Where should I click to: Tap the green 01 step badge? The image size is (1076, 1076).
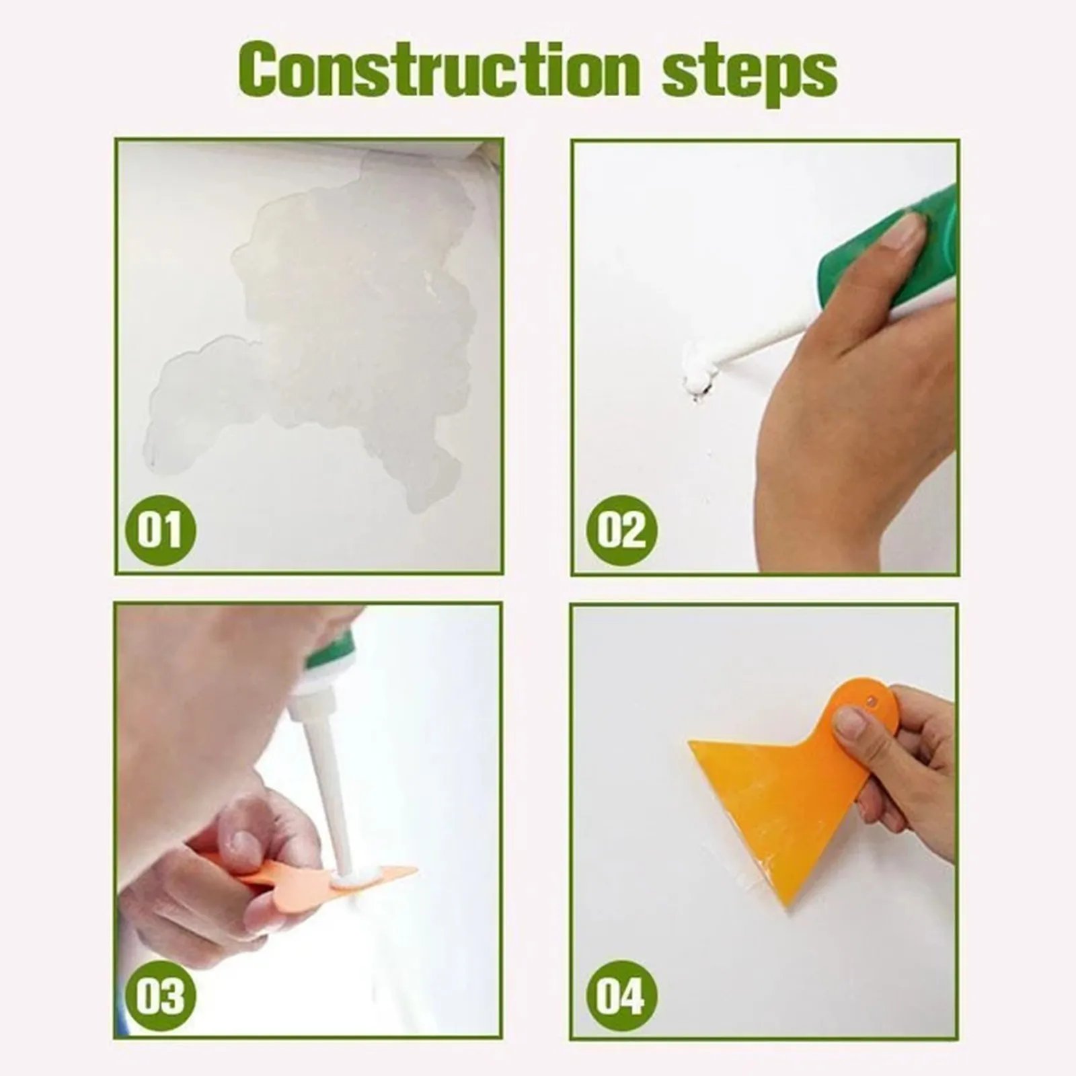[160, 529]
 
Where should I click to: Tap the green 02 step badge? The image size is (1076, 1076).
[621, 529]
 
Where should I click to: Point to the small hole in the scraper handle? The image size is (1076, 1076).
[873, 701]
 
